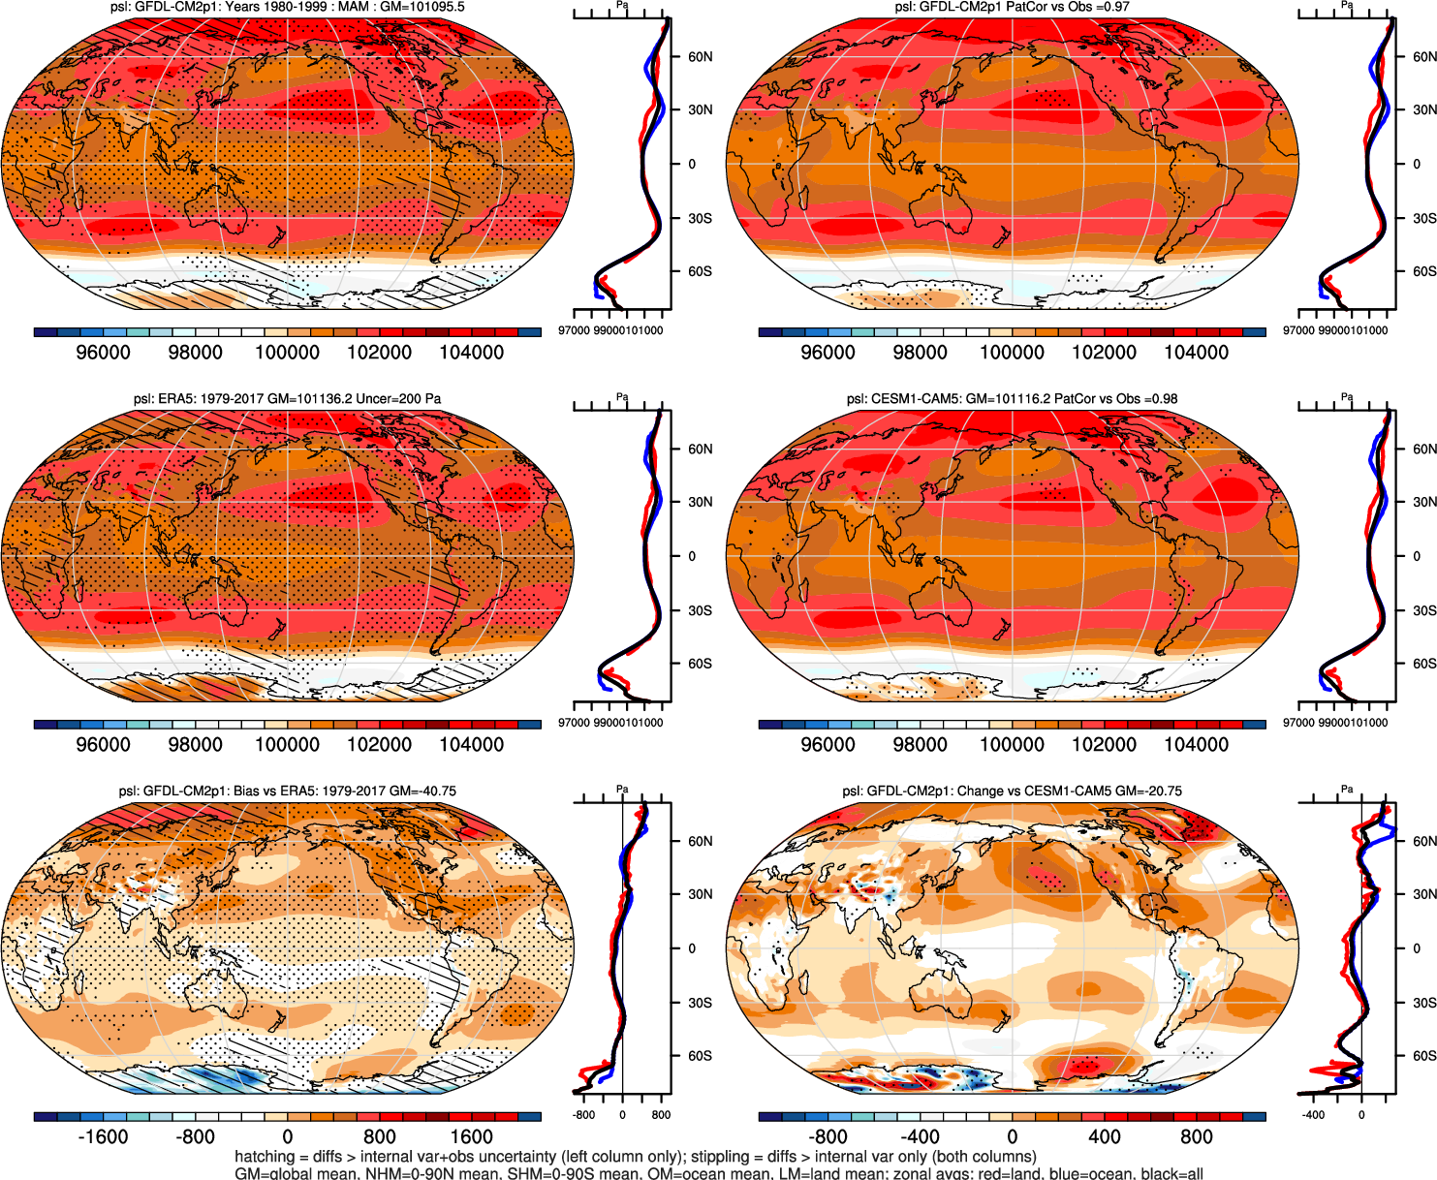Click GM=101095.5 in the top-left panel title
point(425,7)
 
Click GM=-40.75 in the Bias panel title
point(422,791)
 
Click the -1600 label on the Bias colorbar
point(103,1136)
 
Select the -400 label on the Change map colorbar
point(920,1136)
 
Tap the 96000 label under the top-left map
point(103,352)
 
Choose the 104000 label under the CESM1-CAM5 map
point(1196,744)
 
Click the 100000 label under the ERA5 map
point(287,744)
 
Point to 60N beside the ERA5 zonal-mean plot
point(700,450)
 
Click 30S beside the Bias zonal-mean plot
point(700,1003)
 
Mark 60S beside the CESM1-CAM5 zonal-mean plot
point(1424,664)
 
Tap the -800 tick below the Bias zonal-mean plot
point(584,1115)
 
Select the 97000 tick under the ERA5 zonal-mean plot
point(574,723)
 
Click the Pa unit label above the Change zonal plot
point(1347,790)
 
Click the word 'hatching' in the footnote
point(265,1157)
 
